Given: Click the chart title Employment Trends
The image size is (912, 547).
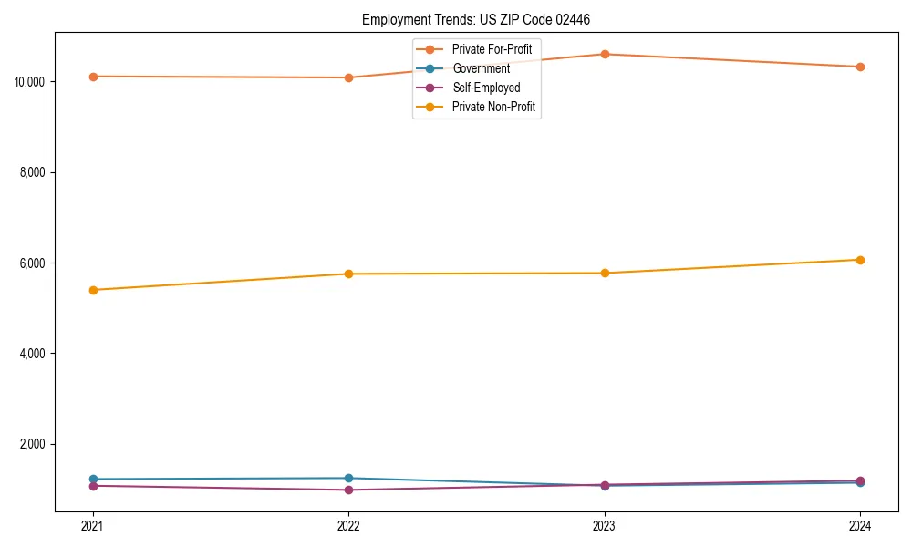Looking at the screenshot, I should pyautogui.click(x=482, y=19).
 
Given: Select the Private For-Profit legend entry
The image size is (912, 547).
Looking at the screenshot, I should pyautogui.click(x=492, y=49).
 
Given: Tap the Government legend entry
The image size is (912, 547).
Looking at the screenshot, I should pyautogui.click(x=481, y=68).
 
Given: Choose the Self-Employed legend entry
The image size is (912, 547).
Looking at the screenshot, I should pyautogui.click(x=486, y=88).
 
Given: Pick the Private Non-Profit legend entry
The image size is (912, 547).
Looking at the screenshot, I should pyautogui.click(x=493, y=107).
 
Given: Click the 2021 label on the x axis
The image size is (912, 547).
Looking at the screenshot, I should pyautogui.click(x=92, y=526).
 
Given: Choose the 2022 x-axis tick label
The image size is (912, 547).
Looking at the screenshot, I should pyautogui.click(x=348, y=526).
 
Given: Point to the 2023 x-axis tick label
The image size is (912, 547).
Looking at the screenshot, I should pyautogui.click(x=605, y=526).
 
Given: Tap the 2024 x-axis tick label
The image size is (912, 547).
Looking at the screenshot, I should pyautogui.click(x=860, y=526).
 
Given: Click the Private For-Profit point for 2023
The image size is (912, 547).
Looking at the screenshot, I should pyautogui.click(x=605, y=54).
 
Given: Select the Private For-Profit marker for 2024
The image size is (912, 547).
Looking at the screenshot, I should pyautogui.click(x=860, y=67).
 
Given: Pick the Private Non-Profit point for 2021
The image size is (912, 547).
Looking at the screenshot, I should pyautogui.click(x=92, y=290).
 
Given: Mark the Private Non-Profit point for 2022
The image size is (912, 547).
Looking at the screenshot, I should pyautogui.click(x=348, y=273).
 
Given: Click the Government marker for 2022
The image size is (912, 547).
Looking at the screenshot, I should pyautogui.click(x=348, y=478).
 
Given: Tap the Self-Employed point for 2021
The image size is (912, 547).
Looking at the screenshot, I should pyautogui.click(x=92, y=486).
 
